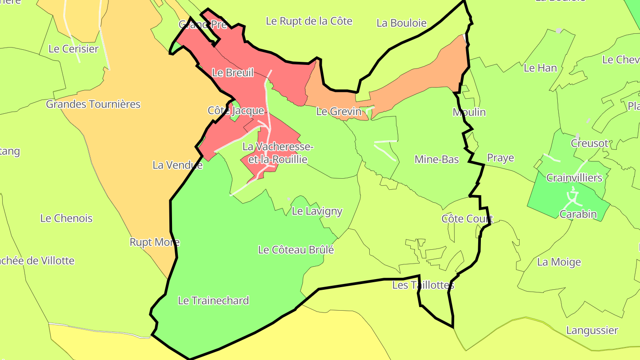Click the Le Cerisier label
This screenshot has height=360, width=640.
pyautogui.click(x=73, y=49)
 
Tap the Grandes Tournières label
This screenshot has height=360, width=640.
pyautogui.click(x=93, y=104)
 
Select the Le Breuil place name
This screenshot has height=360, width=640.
pyautogui.click(x=233, y=72)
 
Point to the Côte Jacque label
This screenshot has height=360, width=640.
pyautogui.click(x=236, y=111)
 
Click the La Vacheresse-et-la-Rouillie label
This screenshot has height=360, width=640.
pyautogui.click(x=278, y=153)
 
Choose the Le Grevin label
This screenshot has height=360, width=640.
pyautogui.click(x=339, y=112)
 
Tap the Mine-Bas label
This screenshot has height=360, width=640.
pyautogui.click(x=436, y=159)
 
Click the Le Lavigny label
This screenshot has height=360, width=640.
pyautogui.click(x=317, y=211)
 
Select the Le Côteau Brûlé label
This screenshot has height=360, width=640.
pyautogui.click(x=296, y=250)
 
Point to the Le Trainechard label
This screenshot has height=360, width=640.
pyautogui.click(x=213, y=300)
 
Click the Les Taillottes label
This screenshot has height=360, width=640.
pyautogui.click(x=423, y=285)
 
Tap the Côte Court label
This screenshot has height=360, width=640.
pyautogui.click(x=467, y=219)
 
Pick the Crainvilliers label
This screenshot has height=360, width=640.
pyautogui.click(x=574, y=178)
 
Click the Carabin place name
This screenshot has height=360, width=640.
pyautogui.click(x=578, y=214)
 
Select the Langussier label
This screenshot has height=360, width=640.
pyautogui.click(x=592, y=330)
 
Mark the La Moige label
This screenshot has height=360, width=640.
pyautogui.click(x=559, y=262)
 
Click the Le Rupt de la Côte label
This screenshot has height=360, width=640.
pyautogui.click(x=309, y=21)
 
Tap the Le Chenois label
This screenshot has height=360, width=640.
pyautogui.click(x=66, y=218)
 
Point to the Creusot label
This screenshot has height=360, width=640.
pyautogui.click(x=589, y=143)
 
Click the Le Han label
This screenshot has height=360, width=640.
pyautogui.click(x=540, y=68)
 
